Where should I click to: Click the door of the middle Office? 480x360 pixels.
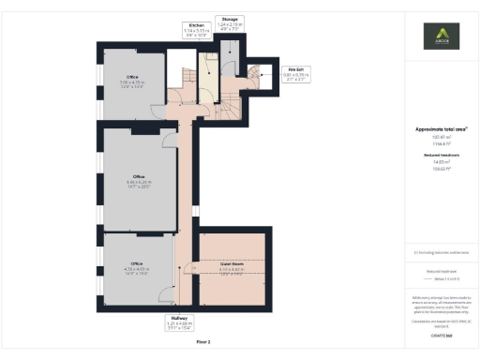169,141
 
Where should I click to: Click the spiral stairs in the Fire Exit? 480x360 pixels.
254,75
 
